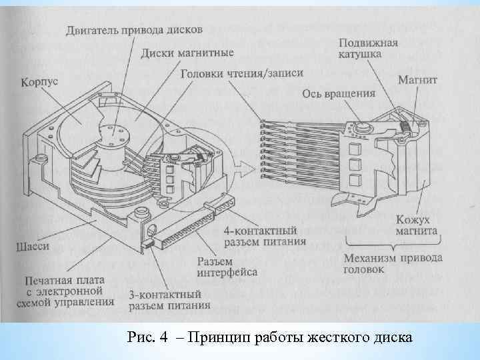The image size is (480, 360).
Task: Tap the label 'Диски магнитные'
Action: [188, 53]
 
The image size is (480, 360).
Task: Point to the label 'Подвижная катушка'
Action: [368, 49]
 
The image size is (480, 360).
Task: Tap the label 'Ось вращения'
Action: [339, 94]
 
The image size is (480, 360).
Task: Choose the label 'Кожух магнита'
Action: [417, 226]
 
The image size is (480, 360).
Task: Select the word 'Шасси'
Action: [32, 247]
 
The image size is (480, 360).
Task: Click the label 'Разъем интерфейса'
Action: [228, 267]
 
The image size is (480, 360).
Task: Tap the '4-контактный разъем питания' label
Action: [265, 236]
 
